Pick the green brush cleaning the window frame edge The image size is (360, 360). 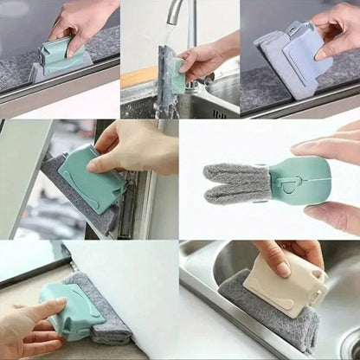[x=93, y=177]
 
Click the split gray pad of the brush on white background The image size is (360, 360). [x=236, y=181]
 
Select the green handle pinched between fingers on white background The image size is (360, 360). [x=299, y=181]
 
